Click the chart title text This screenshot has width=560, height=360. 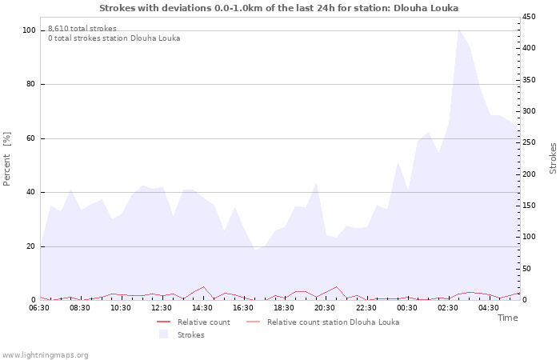(x=279, y=8)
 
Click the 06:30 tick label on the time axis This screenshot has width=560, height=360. (x=39, y=308)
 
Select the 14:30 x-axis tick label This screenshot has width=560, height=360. (x=202, y=308)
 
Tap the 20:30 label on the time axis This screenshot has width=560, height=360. (x=325, y=308)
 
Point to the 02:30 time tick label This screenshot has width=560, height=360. (x=447, y=308)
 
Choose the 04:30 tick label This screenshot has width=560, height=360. (x=488, y=308)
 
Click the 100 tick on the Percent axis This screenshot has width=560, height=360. (x=29, y=30)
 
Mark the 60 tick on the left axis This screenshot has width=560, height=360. (x=31, y=138)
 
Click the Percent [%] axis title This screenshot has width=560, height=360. (x=7, y=158)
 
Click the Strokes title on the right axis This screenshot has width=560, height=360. (x=553, y=158)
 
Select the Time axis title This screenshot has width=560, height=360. (x=507, y=318)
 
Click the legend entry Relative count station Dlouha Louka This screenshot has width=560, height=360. (x=333, y=322)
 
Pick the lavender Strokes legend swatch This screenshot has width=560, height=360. (x=164, y=334)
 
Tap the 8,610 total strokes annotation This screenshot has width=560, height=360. (x=82, y=29)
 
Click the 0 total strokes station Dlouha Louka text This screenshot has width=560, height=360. (x=114, y=38)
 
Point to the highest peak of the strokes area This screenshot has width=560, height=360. (x=458, y=30)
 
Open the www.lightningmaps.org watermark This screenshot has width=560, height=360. (x=45, y=354)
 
